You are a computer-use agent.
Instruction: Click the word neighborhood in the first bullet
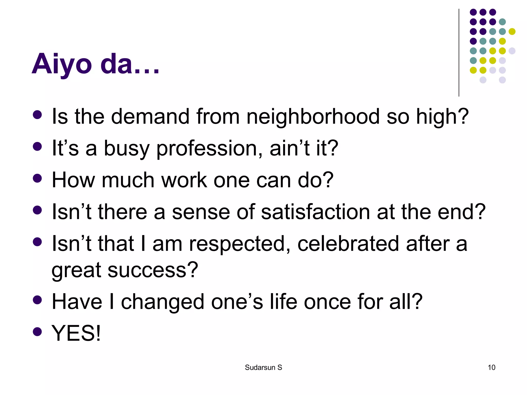click(313, 116)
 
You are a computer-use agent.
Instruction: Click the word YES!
click(76, 333)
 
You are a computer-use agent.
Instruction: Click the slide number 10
click(491, 367)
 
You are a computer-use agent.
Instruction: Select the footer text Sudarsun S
click(263, 367)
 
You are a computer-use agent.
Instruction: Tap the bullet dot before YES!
click(38, 332)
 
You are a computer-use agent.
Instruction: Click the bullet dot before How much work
click(38, 178)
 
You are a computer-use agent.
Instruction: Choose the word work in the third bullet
click(184, 180)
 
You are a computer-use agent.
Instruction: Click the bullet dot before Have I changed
click(38, 300)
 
